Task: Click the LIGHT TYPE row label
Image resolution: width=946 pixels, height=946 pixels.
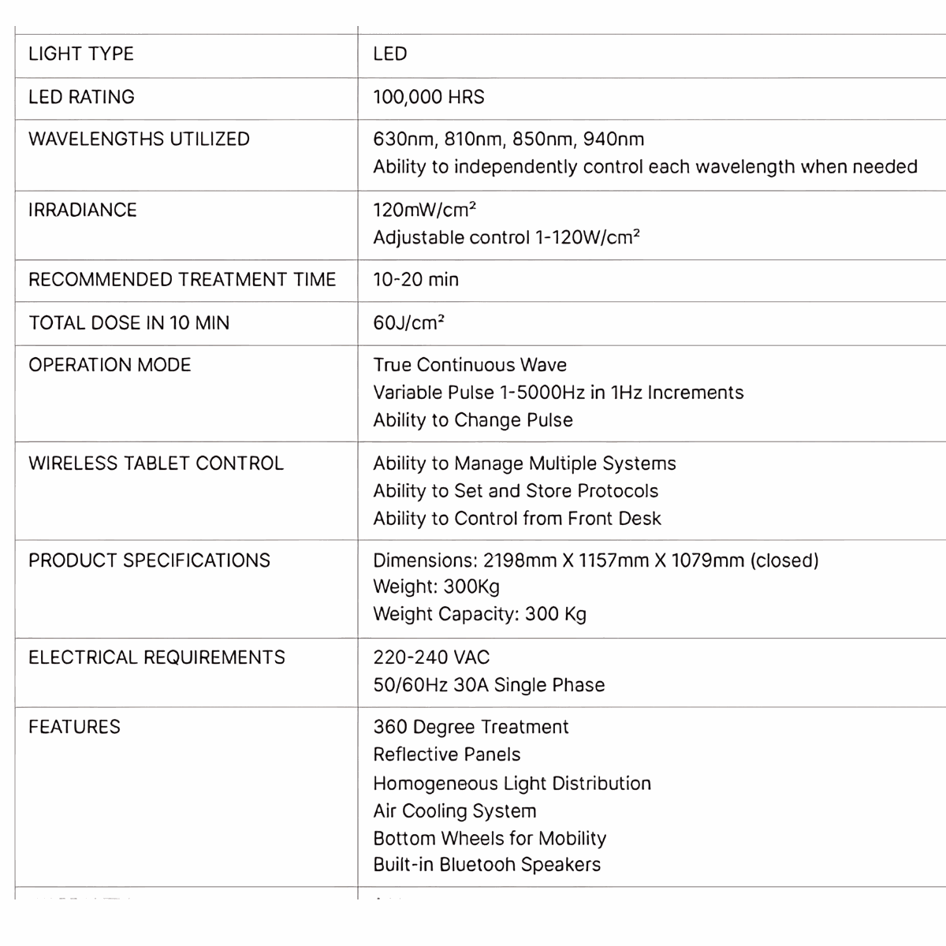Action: [81, 54]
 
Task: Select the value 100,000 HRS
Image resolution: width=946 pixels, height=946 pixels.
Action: [429, 97]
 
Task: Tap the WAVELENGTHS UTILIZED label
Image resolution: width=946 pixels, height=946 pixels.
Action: [139, 140]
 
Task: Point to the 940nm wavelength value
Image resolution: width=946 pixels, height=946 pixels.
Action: [613, 140]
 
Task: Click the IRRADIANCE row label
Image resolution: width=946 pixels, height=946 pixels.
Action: [83, 210]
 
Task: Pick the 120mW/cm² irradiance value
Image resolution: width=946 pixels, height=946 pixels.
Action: [424, 210]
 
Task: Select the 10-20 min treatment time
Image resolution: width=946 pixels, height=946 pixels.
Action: [415, 280]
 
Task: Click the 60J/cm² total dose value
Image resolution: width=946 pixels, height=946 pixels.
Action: [408, 322]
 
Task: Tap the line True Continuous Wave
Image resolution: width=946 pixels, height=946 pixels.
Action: [470, 365]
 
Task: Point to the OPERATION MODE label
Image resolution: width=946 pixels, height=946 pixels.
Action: [110, 365]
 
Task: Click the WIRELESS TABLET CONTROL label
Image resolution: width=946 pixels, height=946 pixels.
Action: [156, 463]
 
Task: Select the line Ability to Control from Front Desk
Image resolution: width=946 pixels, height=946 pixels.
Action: [517, 519]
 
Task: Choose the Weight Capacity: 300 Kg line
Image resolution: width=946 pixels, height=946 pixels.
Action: [479, 614]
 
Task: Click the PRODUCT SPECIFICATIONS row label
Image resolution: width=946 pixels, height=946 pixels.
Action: [149, 561]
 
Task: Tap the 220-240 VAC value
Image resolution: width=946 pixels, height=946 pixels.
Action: [431, 657]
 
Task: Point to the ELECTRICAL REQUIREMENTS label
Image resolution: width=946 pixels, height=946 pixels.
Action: [157, 657]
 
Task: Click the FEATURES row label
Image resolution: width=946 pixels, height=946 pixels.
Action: [74, 727]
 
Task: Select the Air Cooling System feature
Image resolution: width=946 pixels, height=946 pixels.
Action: [455, 811]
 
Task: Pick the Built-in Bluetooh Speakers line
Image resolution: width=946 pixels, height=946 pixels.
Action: [486, 865]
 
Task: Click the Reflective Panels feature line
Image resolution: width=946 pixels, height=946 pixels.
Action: [447, 754]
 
